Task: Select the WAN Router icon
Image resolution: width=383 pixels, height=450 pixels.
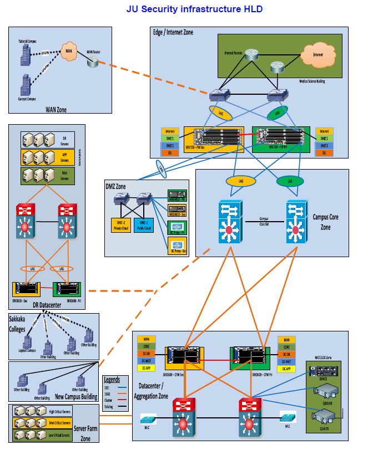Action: coord(92,62)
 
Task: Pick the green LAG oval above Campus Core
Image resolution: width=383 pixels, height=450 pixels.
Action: coord(290,181)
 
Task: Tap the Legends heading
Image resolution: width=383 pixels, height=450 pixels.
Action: coord(112,380)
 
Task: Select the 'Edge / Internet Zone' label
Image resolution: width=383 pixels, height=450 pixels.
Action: coord(173,33)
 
